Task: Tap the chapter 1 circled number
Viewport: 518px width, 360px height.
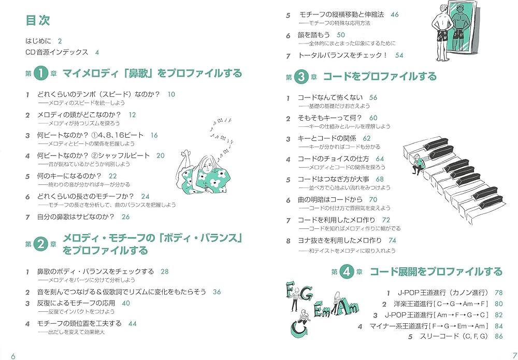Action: click(41, 74)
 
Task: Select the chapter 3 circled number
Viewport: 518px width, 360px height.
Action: click(301, 77)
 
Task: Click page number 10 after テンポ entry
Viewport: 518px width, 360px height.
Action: click(171, 94)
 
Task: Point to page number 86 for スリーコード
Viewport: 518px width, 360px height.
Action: click(499, 336)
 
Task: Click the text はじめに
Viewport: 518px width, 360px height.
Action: click(39, 41)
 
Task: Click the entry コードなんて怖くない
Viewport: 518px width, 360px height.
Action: click(329, 97)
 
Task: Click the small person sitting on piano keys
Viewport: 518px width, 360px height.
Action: click(419, 165)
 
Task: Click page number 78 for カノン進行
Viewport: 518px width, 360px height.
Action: click(499, 293)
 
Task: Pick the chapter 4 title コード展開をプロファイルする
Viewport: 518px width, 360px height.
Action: click(436, 272)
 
